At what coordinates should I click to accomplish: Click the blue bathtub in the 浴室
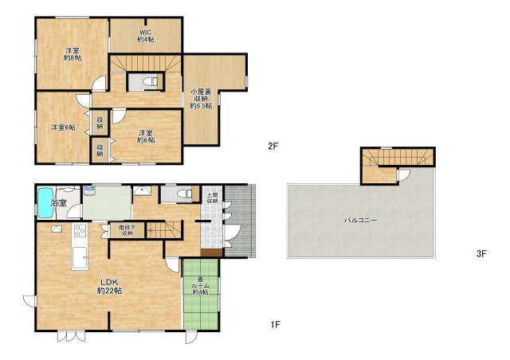click(x=45, y=203)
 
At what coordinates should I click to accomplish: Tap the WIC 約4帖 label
click(x=145, y=36)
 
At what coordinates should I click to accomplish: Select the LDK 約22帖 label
click(x=109, y=286)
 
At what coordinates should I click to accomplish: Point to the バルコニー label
click(x=361, y=220)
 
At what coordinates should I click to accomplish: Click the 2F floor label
click(x=273, y=147)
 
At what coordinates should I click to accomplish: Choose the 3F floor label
click(x=481, y=253)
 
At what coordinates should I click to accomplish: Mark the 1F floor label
click(x=275, y=324)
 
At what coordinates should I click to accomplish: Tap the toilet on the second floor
click(x=151, y=81)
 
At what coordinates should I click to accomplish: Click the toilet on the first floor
click(x=184, y=194)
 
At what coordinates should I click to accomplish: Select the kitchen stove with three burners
click(x=80, y=230)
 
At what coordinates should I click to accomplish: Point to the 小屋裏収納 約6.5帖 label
click(x=201, y=99)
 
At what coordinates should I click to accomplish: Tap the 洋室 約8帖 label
click(x=73, y=54)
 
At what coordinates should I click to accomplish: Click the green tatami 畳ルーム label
click(x=200, y=285)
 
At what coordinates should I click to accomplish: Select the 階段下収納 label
click(x=127, y=230)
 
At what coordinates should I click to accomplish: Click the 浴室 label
click(x=59, y=203)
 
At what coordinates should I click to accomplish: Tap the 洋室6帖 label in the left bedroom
click(x=63, y=127)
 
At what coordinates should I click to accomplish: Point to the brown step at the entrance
click(x=211, y=252)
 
